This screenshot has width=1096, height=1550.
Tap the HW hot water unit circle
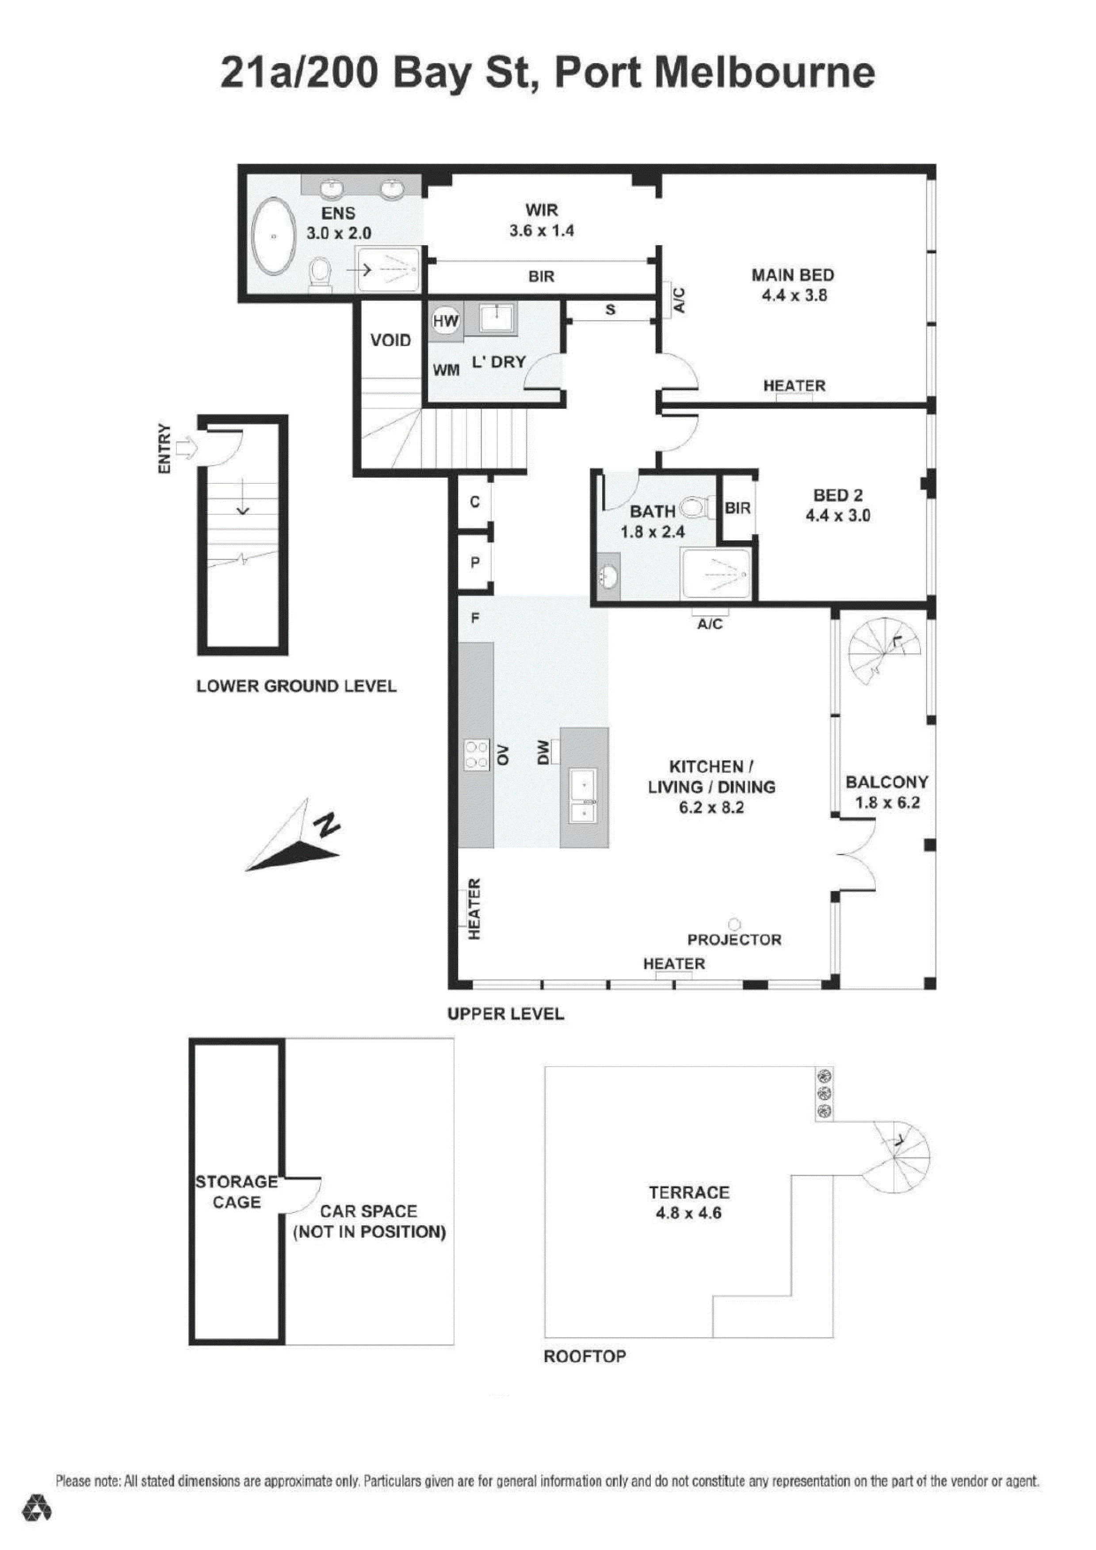click(x=445, y=321)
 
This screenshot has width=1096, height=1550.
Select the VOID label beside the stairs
click(x=390, y=340)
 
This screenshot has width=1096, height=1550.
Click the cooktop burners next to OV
click(x=476, y=754)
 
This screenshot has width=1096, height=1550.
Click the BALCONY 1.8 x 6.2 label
click(x=887, y=792)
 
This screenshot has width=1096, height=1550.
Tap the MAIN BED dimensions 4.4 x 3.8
click(x=794, y=295)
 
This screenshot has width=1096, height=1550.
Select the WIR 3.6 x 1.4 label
click(x=542, y=220)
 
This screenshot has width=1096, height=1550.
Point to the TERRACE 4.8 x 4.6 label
click(x=689, y=1202)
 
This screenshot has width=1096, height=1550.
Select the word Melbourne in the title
click(x=764, y=73)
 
